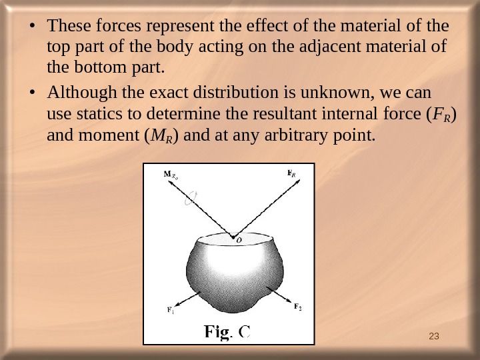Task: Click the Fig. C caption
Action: (227, 331)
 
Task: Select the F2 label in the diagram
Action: (297, 307)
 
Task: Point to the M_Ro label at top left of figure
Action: (171, 177)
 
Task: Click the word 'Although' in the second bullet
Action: (83, 91)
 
